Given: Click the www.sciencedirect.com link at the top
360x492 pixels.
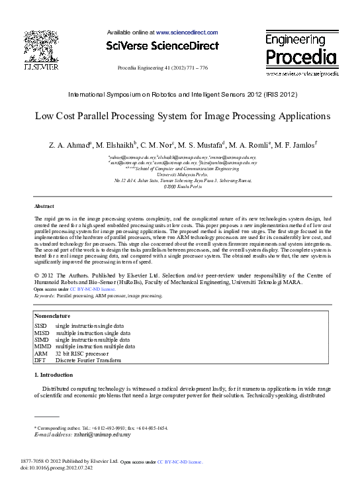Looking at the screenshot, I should click(x=187, y=32).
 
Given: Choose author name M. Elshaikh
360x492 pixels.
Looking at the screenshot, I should click(x=115, y=144).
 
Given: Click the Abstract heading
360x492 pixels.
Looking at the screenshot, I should click(x=44, y=207).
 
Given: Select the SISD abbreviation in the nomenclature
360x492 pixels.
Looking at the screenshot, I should click(x=41, y=326).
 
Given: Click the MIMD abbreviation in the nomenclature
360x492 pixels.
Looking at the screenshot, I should click(x=42, y=346).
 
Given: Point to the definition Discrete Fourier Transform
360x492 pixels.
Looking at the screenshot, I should click(x=88, y=360).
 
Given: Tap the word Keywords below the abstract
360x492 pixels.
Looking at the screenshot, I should click(x=46, y=295).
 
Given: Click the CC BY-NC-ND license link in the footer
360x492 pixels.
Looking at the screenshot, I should click(x=179, y=461).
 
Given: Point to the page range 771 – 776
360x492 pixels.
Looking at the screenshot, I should click(x=195, y=68).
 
